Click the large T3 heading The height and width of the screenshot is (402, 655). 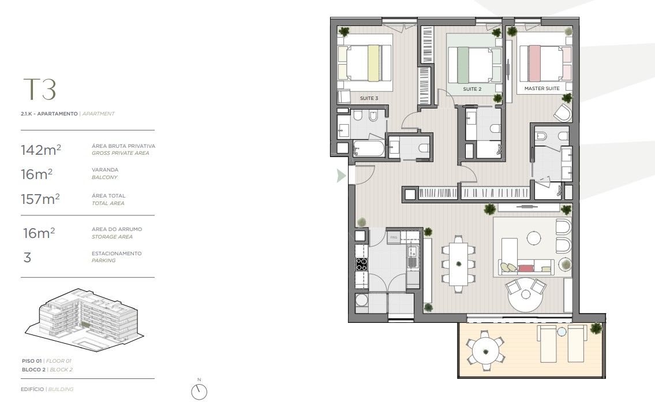coord(39,90)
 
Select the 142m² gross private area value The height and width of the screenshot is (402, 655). coord(40,150)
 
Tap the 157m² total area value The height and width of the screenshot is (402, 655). coord(40,199)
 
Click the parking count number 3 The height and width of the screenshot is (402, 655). coord(27,257)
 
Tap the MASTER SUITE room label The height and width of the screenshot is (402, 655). coord(541,89)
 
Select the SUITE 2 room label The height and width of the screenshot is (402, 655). coord(472,90)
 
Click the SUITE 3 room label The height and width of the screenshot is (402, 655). coord(369,98)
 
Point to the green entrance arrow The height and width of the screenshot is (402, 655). coord(342,176)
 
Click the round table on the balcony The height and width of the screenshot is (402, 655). coord(484,348)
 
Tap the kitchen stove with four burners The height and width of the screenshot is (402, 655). coord(362,265)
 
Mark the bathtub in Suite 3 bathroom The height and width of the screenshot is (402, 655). coord(369,148)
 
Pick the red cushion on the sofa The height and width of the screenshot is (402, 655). coord(526,268)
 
